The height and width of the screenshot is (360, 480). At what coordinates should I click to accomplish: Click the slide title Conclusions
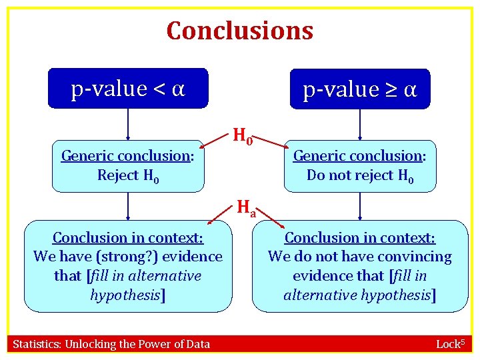point(239,30)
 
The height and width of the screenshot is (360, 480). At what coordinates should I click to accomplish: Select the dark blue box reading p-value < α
point(128,88)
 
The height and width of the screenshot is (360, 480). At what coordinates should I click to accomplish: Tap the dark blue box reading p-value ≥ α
point(360,89)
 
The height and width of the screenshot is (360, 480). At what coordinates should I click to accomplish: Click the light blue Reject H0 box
point(128,166)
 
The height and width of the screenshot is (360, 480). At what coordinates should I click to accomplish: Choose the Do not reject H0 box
point(360,166)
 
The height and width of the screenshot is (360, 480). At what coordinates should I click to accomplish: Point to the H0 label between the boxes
point(242,137)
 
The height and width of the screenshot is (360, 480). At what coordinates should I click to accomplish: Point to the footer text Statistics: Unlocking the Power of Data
point(111,344)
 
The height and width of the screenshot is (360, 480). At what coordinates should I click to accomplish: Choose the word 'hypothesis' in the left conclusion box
point(126,295)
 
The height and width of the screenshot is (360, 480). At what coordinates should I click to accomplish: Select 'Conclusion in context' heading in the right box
point(360,238)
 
